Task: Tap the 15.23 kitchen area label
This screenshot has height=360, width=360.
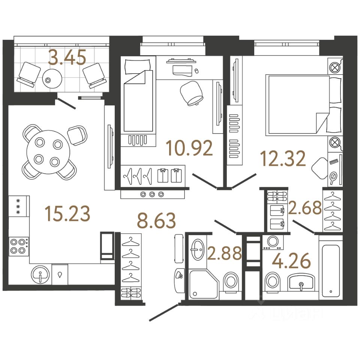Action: tap(67, 213)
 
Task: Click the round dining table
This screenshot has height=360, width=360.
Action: tap(48, 152)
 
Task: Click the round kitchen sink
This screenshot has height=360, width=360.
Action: tap(40, 274)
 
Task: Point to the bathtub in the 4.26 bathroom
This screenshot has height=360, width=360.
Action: tap(330, 269)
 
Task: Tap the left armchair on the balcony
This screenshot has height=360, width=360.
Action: tap(28, 74)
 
